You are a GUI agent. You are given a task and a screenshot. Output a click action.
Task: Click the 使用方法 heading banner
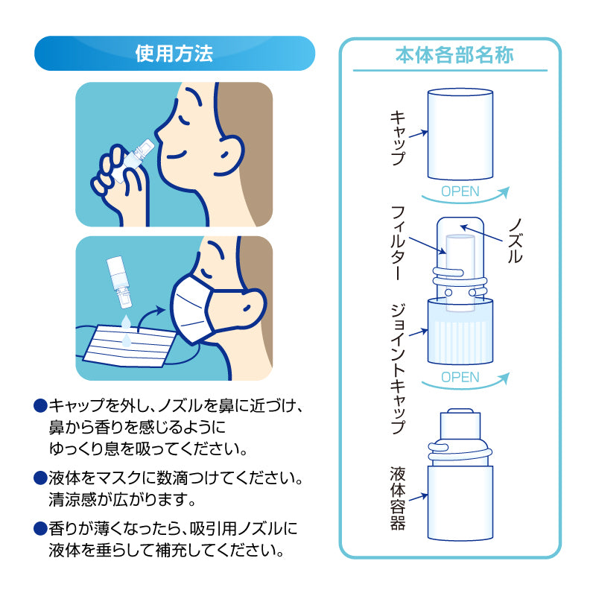click(x=174, y=54)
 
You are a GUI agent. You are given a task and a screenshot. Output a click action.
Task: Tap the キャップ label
click(x=398, y=138)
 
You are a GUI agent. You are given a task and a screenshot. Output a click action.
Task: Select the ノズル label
click(x=514, y=240)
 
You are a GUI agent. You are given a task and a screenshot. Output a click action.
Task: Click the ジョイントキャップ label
click(x=397, y=368)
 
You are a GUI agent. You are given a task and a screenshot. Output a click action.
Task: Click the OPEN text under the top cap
click(x=460, y=191)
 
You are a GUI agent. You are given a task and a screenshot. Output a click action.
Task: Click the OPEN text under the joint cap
click(x=460, y=377)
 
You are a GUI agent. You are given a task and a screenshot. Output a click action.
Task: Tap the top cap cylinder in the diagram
click(x=460, y=134)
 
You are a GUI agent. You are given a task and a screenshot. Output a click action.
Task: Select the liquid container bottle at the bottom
click(x=460, y=503)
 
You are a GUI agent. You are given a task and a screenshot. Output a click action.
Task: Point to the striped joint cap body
click(x=460, y=332)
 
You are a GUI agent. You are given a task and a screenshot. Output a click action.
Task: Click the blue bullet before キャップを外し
click(x=40, y=406)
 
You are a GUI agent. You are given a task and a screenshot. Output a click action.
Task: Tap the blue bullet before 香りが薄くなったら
click(x=40, y=529)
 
